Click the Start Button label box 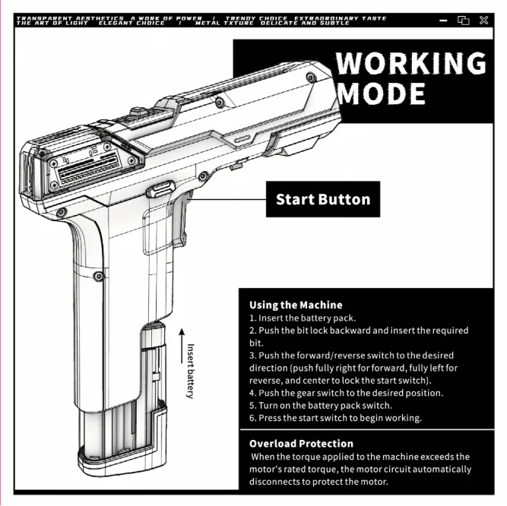point(322,200)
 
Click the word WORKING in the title point(411,63)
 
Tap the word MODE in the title point(381,93)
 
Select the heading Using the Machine point(296,305)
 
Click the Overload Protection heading point(301,444)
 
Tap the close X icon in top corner point(483,21)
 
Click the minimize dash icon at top point(444,21)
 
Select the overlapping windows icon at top point(464,21)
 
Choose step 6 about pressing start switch point(335,418)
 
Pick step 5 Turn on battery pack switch point(320,405)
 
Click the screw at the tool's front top point(310,77)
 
